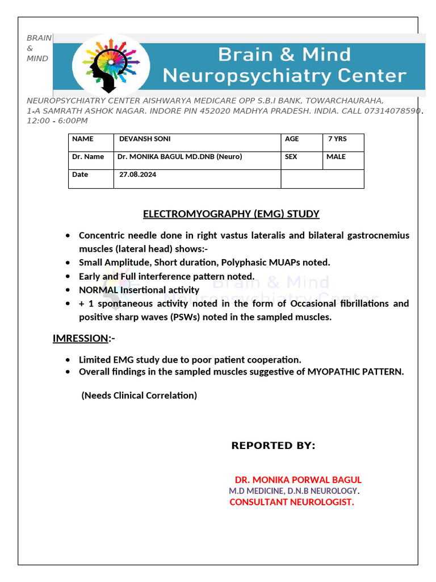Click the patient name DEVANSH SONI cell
click(145, 139)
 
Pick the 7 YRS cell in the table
click(337, 139)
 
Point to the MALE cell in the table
click(336, 156)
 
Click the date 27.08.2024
click(138, 174)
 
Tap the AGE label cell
click(292, 139)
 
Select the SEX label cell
click(291, 156)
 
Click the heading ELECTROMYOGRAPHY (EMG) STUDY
click(231, 214)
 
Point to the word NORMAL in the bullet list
click(98, 290)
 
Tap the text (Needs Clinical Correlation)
click(139, 395)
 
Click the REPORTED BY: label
click(273, 446)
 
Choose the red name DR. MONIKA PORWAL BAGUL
click(298, 480)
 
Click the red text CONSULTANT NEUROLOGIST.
click(292, 502)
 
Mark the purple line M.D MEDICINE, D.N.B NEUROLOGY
click(294, 490)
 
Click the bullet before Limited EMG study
click(68, 360)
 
